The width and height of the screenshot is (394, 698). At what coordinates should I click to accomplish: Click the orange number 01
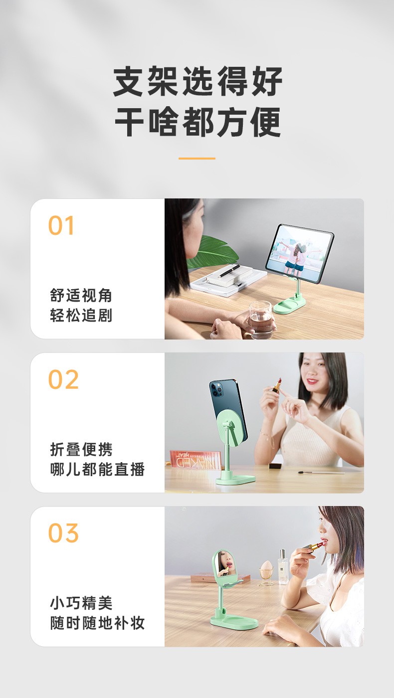click(61, 225)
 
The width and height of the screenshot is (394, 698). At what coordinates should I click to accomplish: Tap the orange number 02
click(63, 379)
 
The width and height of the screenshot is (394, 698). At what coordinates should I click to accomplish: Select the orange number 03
click(63, 533)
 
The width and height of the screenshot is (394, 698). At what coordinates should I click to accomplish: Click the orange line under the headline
click(197, 159)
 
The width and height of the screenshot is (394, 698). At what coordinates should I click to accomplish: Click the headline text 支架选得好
click(197, 81)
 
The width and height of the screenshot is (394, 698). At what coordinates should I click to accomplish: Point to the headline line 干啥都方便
click(197, 122)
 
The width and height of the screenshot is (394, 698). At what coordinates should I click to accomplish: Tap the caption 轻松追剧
click(81, 316)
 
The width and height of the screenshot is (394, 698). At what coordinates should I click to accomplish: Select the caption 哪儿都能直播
click(97, 469)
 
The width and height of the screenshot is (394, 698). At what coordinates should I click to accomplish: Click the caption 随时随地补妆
click(97, 623)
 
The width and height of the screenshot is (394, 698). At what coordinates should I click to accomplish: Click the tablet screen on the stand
click(299, 251)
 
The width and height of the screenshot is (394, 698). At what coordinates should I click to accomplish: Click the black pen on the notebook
click(230, 271)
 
